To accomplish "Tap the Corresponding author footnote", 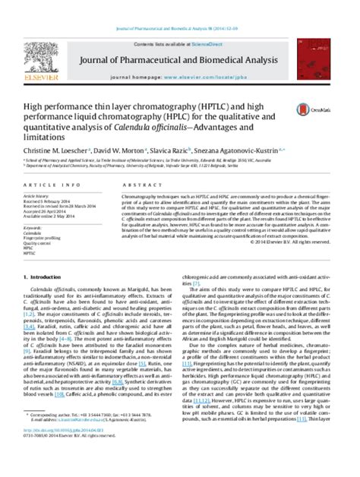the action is (x=76, y=450).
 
